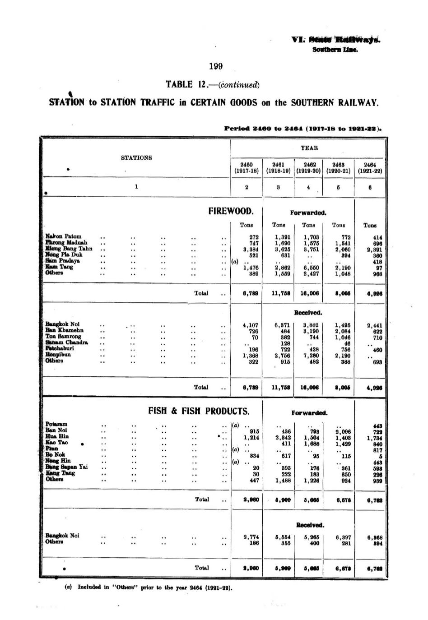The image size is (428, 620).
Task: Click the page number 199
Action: [x=216, y=67]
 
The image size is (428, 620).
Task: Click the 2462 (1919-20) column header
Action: [x=308, y=168]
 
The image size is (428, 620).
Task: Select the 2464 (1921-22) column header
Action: [x=370, y=168]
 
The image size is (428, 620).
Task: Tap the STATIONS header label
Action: [x=136, y=158]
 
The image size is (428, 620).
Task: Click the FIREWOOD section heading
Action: [x=231, y=211]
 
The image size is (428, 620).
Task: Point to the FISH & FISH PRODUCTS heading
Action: [x=199, y=411]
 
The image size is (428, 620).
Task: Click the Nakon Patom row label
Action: [x=64, y=236]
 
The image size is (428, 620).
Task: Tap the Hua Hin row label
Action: [x=57, y=436]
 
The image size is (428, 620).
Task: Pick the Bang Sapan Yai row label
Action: [x=66, y=467]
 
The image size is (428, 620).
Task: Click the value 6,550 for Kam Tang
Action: [x=311, y=267]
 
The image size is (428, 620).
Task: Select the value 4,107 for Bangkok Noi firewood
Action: [x=251, y=324]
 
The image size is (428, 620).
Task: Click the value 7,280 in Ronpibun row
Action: [x=311, y=355]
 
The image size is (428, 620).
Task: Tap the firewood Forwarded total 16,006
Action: [x=309, y=293]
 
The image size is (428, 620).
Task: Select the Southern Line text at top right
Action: [x=335, y=50]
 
